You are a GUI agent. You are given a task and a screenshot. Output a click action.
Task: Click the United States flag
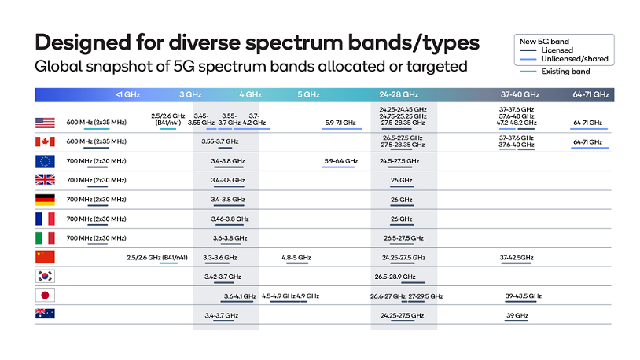(x=45, y=123)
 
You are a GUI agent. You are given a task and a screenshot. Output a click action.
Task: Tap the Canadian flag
(x=45, y=141)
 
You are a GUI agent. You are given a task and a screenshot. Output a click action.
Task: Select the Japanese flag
(x=45, y=296)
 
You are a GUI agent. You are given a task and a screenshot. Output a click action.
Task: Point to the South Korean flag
(x=45, y=276)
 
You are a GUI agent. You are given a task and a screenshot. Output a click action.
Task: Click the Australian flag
(x=45, y=314)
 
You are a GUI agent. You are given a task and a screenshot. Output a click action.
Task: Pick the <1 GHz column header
(x=127, y=94)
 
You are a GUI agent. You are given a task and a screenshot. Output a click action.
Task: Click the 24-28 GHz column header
(x=401, y=94)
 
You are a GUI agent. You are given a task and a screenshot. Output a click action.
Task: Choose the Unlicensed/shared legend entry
(x=574, y=59)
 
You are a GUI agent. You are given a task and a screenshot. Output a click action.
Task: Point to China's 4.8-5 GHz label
(x=296, y=257)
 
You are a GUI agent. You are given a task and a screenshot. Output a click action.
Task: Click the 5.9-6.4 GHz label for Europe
(x=340, y=160)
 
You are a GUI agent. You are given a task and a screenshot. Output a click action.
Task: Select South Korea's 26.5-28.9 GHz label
(x=400, y=277)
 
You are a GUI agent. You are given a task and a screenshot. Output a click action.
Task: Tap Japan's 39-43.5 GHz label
(x=523, y=296)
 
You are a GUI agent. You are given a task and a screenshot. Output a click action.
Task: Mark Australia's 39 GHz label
(x=517, y=314)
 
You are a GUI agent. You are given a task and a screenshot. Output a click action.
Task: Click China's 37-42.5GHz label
(x=517, y=257)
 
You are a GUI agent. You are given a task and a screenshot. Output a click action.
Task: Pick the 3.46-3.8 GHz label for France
(x=230, y=219)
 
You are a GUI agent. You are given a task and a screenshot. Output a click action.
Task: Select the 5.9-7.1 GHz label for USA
(x=340, y=123)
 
